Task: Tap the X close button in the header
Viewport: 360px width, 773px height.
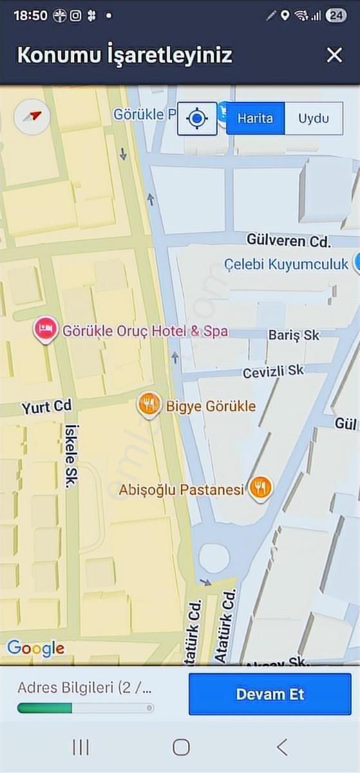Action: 334,55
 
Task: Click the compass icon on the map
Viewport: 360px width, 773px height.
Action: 32,117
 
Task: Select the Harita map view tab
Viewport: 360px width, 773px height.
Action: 255,119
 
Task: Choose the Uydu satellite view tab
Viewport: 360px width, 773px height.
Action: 313,119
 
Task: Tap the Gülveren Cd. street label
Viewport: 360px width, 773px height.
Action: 288,241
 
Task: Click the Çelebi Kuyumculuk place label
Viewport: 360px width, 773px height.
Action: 286,263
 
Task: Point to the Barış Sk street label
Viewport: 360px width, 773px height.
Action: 294,335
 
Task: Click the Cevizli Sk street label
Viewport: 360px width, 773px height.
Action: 273,372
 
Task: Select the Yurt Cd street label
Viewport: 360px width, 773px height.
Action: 46,407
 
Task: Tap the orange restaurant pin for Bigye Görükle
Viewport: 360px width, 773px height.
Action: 149,405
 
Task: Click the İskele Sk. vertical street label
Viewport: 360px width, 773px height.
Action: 71,456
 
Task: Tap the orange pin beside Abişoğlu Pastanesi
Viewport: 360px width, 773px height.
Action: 260,489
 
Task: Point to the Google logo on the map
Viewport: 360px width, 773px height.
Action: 35,648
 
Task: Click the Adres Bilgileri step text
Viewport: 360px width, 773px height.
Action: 85,687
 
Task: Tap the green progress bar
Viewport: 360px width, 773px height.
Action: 45,708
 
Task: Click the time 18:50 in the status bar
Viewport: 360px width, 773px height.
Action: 30,15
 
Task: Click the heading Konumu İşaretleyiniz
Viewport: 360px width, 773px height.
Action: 124,55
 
